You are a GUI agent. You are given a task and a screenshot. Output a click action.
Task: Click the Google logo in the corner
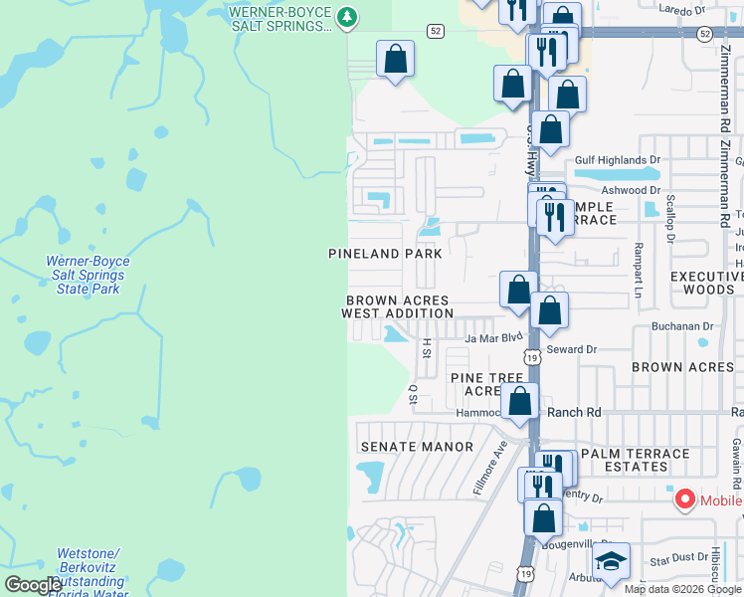click(33, 585)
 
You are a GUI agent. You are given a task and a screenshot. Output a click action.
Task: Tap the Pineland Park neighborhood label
click(385, 254)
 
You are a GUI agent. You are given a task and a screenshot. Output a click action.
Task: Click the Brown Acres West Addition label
click(397, 306)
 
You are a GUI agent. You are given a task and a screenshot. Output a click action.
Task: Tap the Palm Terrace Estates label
click(635, 460)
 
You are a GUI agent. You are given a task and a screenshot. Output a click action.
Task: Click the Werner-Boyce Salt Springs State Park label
click(88, 275)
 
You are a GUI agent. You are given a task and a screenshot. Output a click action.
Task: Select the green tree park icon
click(346, 16)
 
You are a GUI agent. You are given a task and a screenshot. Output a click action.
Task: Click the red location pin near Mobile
click(685, 499)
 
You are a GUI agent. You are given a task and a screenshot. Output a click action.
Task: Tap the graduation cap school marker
click(611, 563)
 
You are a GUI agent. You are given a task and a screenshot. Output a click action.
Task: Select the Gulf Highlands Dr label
click(618, 159)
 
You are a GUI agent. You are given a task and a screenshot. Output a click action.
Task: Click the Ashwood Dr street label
click(631, 190)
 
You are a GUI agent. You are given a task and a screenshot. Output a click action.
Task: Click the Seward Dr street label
click(571, 349)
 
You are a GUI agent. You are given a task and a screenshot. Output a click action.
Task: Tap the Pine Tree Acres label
click(486, 384)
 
